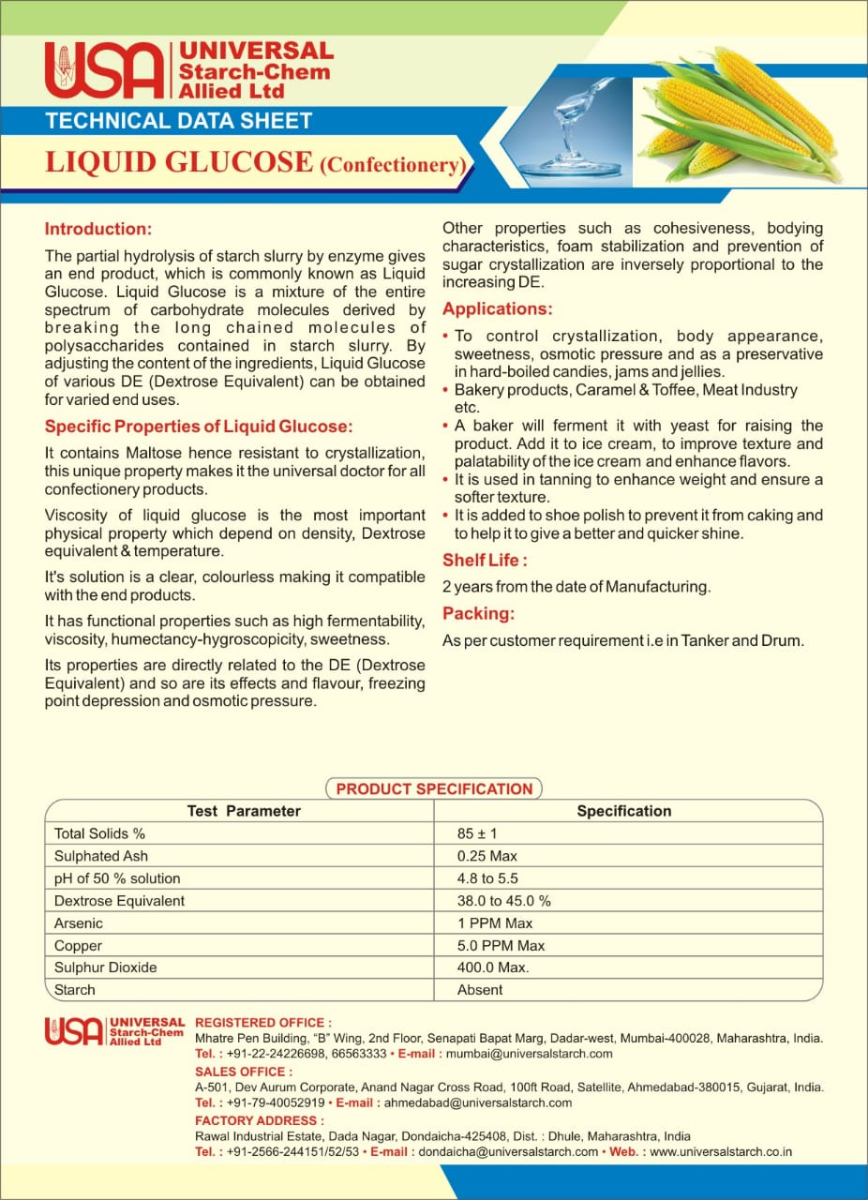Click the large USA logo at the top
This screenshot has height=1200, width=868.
pos(103,69)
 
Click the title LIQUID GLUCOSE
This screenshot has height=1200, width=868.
pos(179,161)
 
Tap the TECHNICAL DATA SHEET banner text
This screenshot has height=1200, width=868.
pos(178,120)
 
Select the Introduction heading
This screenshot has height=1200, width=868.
pos(98,229)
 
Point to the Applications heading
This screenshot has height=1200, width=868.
pos(497,308)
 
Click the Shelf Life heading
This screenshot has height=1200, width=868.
pos(485,561)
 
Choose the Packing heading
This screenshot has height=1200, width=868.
pos(478,614)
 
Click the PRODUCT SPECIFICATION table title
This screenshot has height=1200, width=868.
pos(434,788)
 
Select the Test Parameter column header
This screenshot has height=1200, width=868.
pos(244,811)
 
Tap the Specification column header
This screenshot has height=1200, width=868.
pos(623,811)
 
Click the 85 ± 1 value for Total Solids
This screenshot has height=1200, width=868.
pos(477,833)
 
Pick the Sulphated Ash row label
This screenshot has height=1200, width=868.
pos(101,856)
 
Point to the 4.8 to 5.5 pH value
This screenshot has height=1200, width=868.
pos(487,878)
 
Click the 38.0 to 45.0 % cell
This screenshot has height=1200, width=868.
pos(503,901)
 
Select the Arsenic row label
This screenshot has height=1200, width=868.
pos(79,923)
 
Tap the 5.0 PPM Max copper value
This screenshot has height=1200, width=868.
pos(501,946)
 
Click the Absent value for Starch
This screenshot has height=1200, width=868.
pos(480,990)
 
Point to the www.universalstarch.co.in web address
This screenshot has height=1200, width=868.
pos(721,1151)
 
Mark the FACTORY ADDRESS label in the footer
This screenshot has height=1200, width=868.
pos(260,1120)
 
